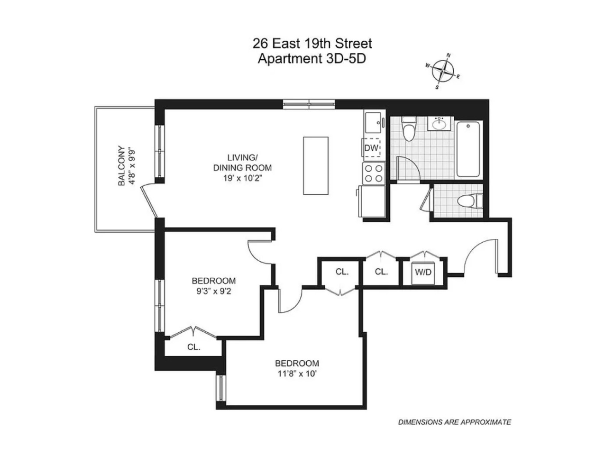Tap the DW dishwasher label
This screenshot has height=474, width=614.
(372, 148)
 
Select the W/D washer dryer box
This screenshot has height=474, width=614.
(423, 272)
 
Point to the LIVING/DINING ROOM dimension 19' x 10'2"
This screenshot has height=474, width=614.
(242, 178)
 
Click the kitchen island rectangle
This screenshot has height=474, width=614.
(316, 165)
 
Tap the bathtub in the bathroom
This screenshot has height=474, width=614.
(468, 149)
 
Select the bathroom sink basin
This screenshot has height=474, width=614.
(440, 124)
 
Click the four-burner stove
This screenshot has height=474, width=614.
(373, 173)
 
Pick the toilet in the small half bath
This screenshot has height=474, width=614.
(469, 201)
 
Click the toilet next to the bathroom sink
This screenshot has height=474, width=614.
(408, 128)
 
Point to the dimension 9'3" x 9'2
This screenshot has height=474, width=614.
(214, 291)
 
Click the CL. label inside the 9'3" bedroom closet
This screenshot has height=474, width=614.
(193, 347)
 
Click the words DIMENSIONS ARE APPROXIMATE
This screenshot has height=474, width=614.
(454, 422)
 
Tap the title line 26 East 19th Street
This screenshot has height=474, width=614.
(312, 44)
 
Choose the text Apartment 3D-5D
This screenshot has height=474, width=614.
(312, 59)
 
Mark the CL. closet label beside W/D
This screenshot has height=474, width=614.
(381, 272)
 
